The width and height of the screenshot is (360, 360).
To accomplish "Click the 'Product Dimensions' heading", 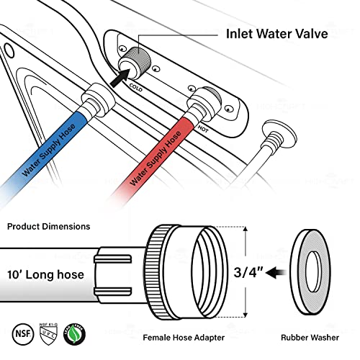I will pos(49,226).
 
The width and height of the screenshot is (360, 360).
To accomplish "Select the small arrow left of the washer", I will pos(283,273).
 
